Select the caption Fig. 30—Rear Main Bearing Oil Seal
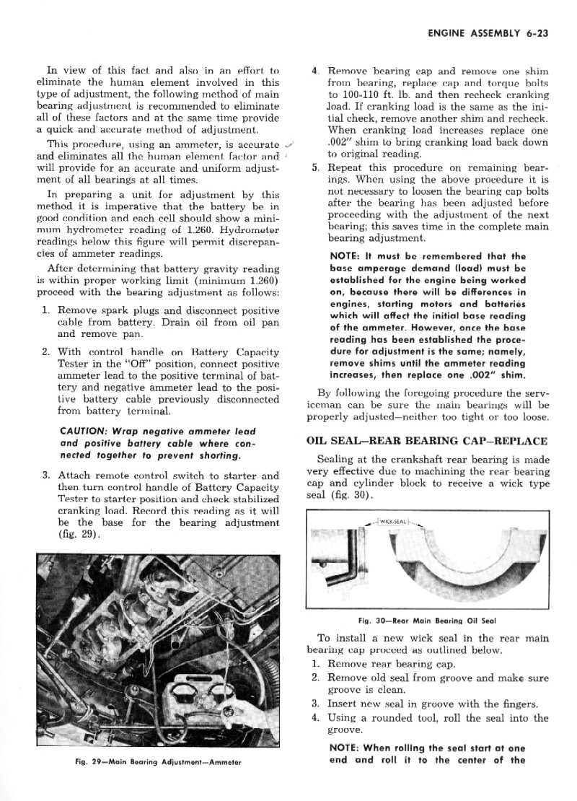tap(427, 621)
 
